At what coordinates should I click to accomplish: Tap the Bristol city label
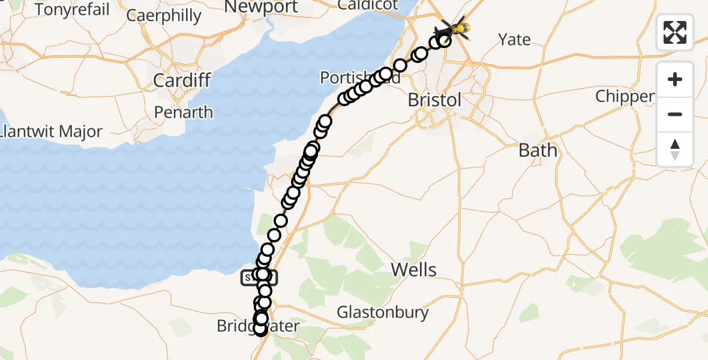(434, 100)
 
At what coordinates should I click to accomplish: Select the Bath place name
(538, 150)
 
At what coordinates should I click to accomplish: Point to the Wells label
(414, 269)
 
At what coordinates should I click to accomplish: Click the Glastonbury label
(383, 312)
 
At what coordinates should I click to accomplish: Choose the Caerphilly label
(164, 16)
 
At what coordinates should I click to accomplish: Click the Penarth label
(184, 112)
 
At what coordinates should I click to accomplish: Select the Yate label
(515, 40)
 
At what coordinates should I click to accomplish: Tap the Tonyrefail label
(73, 10)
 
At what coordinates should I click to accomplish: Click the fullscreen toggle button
(675, 32)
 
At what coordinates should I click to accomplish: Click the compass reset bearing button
(675, 149)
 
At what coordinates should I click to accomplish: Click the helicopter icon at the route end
(454, 28)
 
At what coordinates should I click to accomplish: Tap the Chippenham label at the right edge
(625, 97)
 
